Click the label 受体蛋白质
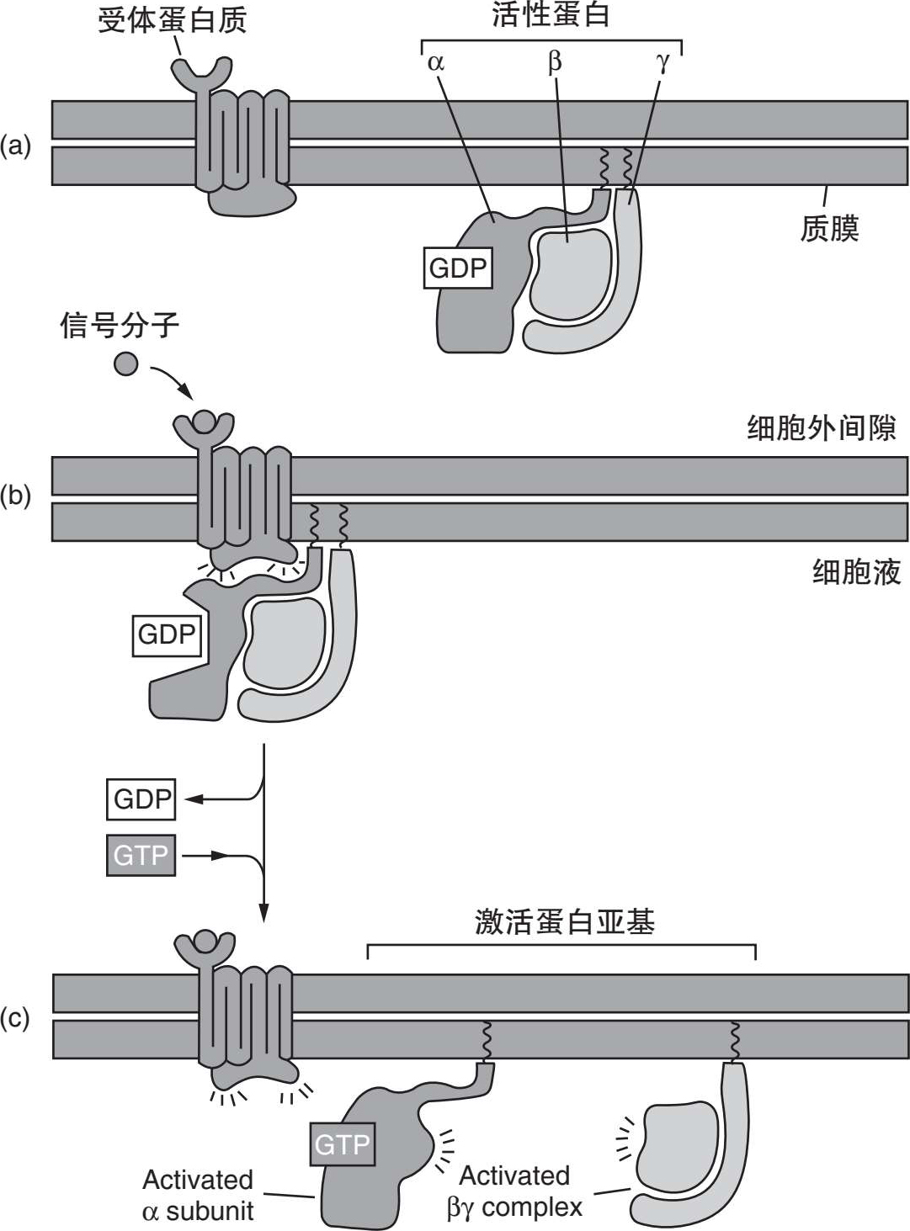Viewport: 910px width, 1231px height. [x=172, y=19]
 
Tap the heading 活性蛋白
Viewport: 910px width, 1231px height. [x=551, y=15]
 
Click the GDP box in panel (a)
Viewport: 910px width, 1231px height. [x=458, y=268]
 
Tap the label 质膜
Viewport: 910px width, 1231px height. [x=829, y=228]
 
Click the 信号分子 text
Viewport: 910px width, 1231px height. [x=120, y=325]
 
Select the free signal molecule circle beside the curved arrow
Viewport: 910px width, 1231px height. [x=125, y=364]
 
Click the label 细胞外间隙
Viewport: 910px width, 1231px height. [x=822, y=428]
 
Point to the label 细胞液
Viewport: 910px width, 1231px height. [x=856, y=572]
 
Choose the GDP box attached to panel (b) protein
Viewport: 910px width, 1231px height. [x=167, y=634]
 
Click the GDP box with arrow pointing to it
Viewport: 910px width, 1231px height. [x=141, y=799]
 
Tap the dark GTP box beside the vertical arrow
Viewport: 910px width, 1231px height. [x=141, y=855]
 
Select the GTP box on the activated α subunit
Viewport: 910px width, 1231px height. [x=342, y=1144]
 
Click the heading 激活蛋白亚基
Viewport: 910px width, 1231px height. [x=564, y=922]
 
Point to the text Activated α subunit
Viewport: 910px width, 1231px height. [x=198, y=1195]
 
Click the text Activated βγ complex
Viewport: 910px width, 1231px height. [x=514, y=1191]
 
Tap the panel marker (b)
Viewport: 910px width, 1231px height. [x=15, y=496]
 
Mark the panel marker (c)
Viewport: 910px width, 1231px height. [x=15, y=1018]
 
